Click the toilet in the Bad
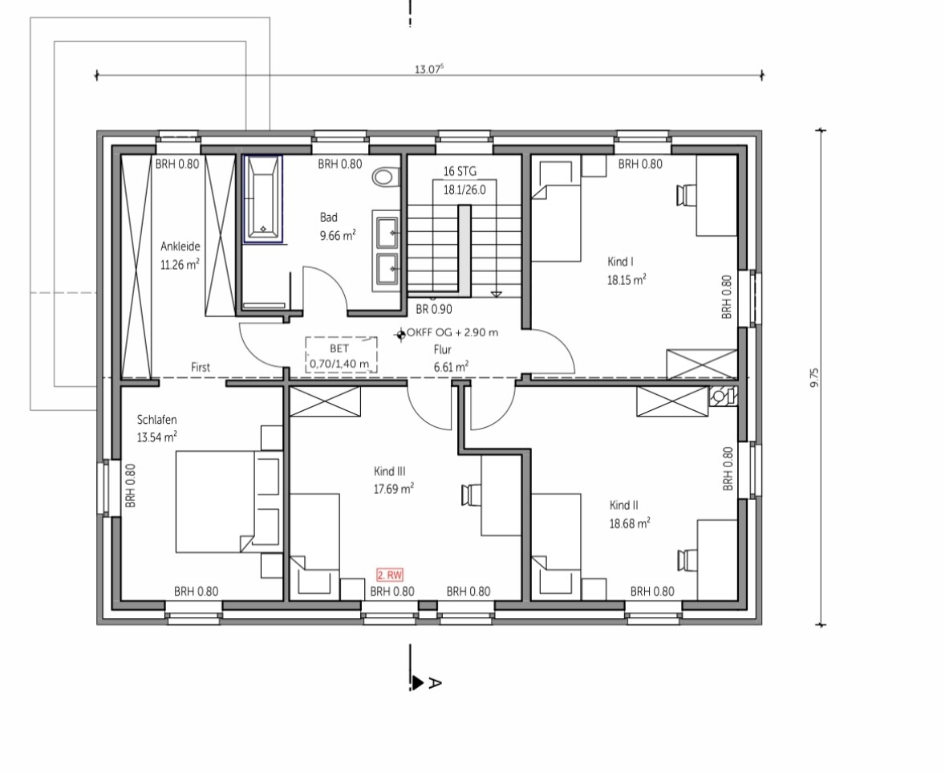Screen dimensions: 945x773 tap(386, 177)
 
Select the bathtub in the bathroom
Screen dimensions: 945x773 tap(263, 199)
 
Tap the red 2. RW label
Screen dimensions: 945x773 tap(390, 576)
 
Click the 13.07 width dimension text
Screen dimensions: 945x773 tap(428, 69)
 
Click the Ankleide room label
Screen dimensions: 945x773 tap(180, 246)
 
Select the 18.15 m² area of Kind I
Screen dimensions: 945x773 tap(627, 280)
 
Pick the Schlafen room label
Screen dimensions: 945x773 tap(156, 420)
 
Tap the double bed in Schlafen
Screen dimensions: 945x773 tap(229, 502)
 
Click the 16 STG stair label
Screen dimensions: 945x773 tap(460, 171)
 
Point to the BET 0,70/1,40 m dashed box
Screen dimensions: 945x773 tap(341, 355)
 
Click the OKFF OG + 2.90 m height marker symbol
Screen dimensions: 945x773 tap(400, 334)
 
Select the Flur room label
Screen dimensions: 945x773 tap(442, 350)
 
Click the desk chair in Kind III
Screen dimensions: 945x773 tap(472, 494)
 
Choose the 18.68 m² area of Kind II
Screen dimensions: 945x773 tap(630, 523)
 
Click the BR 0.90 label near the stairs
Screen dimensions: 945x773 tap(434, 309)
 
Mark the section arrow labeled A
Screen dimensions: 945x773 tap(417, 682)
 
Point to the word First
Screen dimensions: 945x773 tap(201, 367)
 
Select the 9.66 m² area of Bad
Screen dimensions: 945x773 tap(338, 236)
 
